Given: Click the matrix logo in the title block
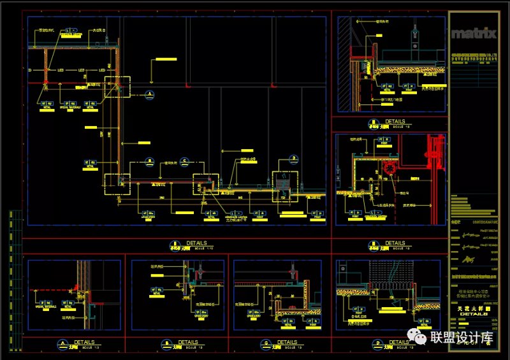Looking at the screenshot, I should (x=472, y=34).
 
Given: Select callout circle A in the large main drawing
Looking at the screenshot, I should (x=150, y=94).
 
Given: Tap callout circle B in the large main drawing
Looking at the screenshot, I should (x=149, y=161).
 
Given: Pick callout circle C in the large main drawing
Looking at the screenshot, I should (x=184, y=161).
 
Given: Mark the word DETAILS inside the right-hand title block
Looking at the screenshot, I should (x=472, y=313).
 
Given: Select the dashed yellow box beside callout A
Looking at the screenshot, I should (x=117, y=87).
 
